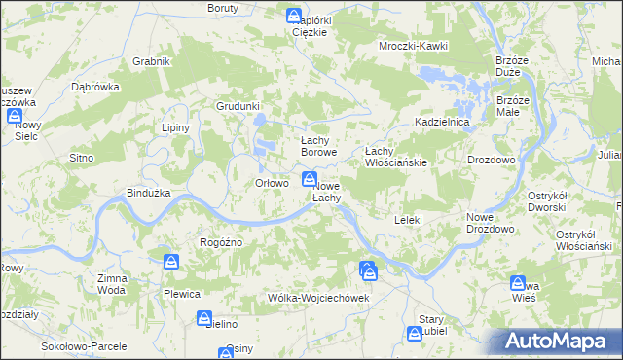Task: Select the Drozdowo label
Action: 491,159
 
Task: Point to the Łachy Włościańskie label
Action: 396,157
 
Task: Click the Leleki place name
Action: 408,220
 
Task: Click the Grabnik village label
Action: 152,61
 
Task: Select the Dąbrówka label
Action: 95,85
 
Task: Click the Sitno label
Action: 80,157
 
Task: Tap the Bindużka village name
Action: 149,193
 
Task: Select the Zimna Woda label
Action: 112,284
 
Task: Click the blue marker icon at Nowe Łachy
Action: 309,178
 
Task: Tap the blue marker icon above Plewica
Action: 171,262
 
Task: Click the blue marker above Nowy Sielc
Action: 16,116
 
